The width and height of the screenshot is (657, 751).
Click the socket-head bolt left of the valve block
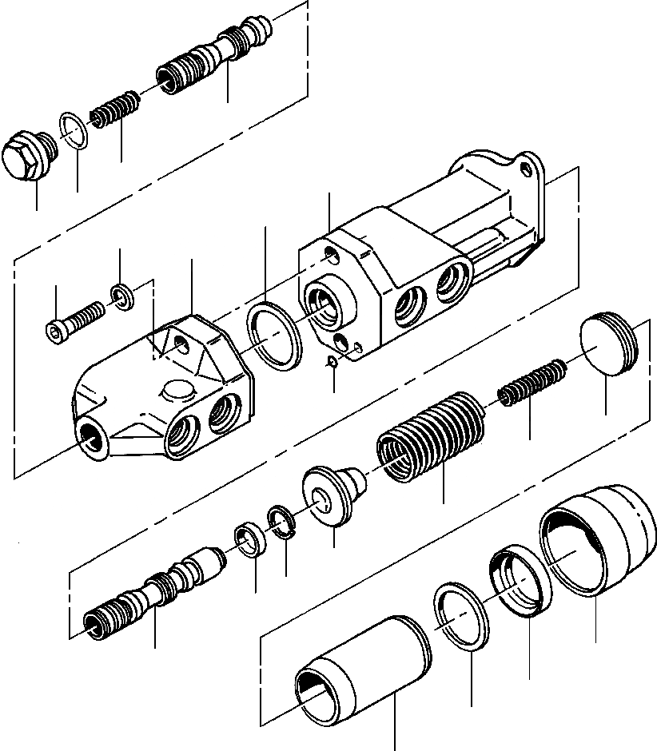coord(72,320)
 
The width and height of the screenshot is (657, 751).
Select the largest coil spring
coord(432,435)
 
